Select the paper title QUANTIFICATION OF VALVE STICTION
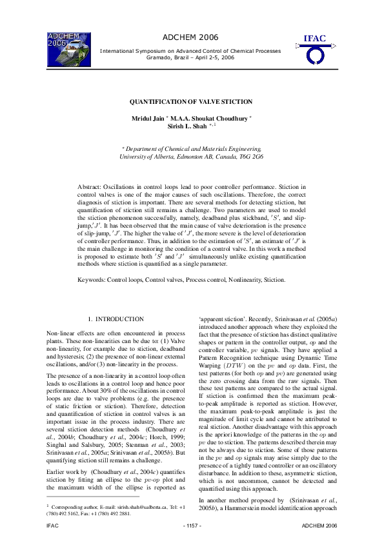[x=191, y=102]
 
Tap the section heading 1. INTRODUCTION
[x=116, y=319]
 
